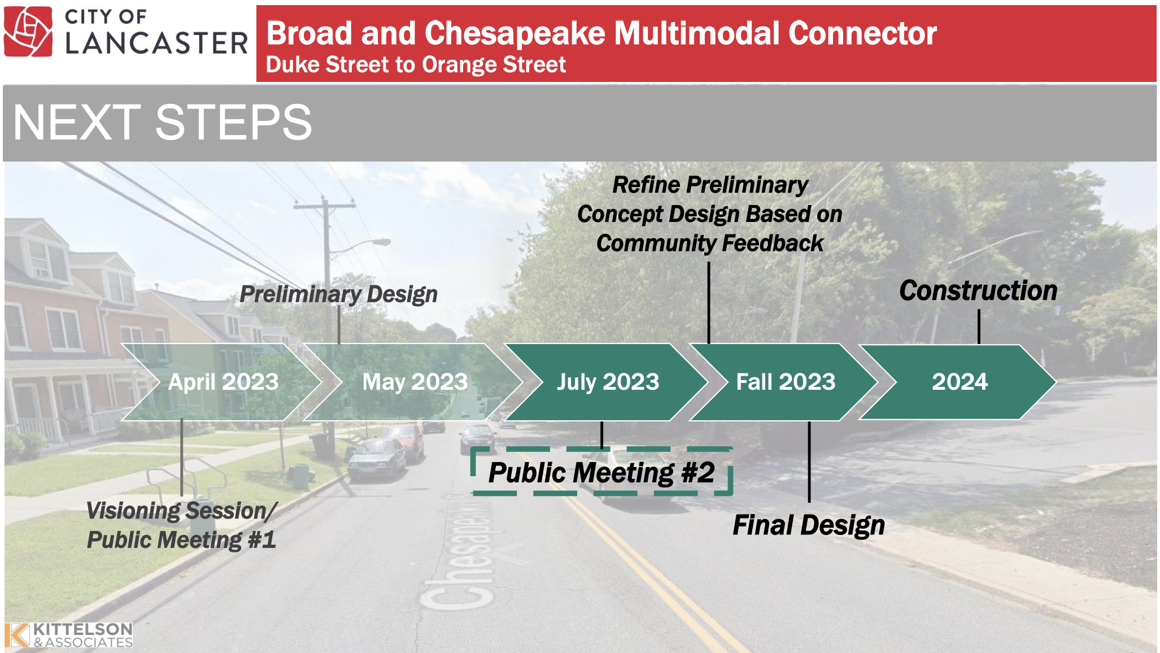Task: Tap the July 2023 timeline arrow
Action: click(x=607, y=382)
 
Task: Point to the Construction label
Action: click(x=978, y=291)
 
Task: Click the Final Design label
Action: click(x=809, y=525)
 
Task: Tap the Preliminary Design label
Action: click(x=339, y=294)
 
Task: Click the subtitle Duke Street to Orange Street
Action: click(x=416, y=65)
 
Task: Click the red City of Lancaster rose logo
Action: click(x=28, y=32)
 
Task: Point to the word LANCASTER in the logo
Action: click(x=156, y=43)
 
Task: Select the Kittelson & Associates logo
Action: click(x=68, y=635)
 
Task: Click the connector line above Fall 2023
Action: click(x=709, y=303)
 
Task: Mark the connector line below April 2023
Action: click(x=182, y=458)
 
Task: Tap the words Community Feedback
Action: click(x=710, y=243)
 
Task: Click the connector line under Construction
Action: click(x=979, y=327)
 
